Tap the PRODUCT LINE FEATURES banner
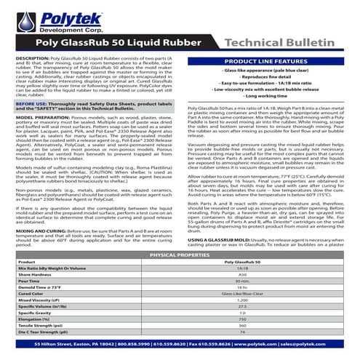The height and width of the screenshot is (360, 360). pos(268,63)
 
